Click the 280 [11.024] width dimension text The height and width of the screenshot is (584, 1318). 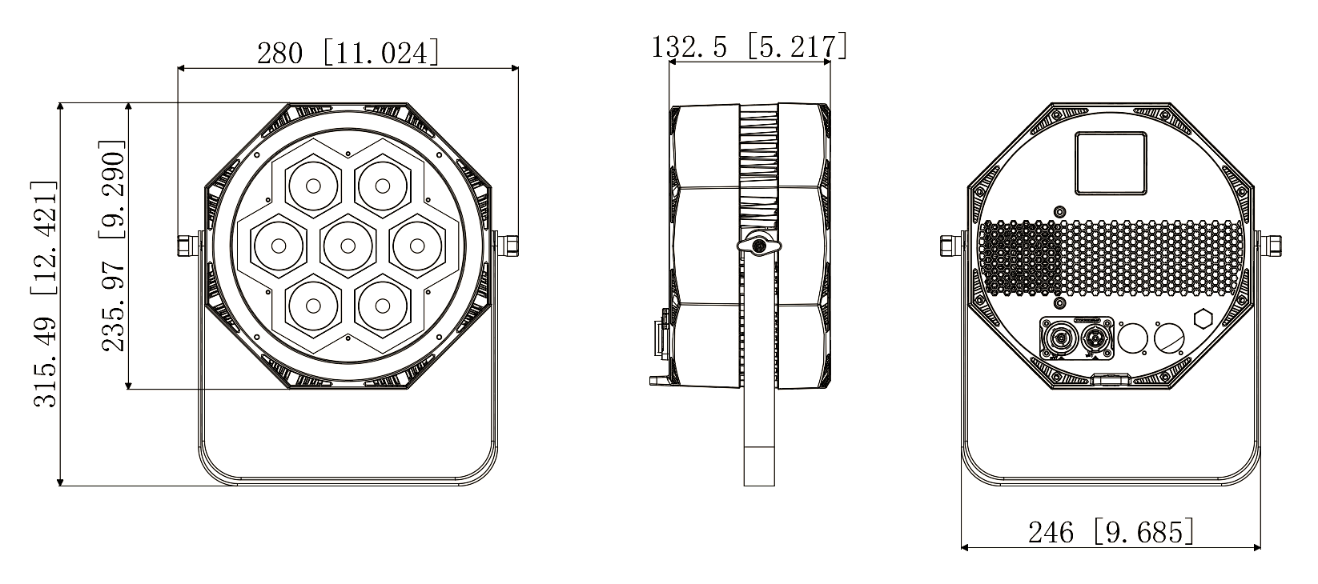(x=348, y=53)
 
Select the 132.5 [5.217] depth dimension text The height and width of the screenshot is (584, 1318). (x=749, y=46)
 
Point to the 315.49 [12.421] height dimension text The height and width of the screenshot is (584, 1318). (x=46, y=294)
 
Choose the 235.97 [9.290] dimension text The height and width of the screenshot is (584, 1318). (x=114, y=246)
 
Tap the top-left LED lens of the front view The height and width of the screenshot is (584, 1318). (x=313, y=186)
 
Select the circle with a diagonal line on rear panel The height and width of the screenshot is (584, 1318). (x=1170, y=338)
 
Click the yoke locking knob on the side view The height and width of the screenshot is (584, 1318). (x=758, y=245)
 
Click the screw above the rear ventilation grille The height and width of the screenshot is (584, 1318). (x=1060, y=212)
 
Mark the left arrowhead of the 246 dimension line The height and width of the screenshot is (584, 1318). (x=964, y=547)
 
